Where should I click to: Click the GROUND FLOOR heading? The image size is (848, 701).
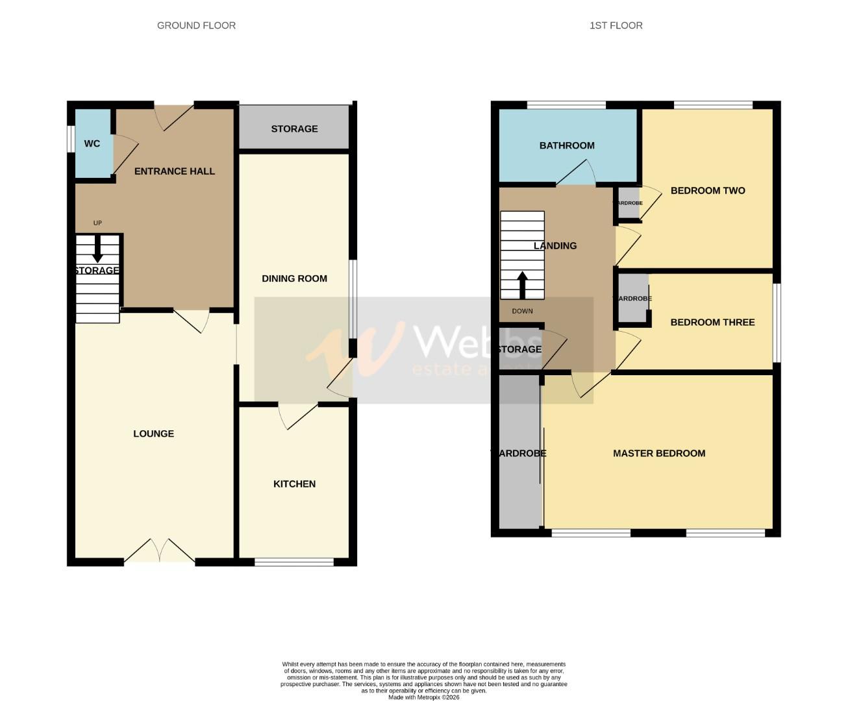tap(196, 25)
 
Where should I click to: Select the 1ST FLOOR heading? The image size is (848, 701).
tap(616, 25)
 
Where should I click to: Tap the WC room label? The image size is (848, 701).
tap(92, 143)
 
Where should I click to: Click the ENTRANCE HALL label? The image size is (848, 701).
tap(174, 171)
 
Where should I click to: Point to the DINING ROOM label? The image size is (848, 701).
tap(294, 278)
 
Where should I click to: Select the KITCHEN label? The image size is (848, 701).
tap(294, 484)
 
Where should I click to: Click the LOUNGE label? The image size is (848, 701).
tap(153, 434)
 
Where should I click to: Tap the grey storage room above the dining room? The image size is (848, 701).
tap(294, 129)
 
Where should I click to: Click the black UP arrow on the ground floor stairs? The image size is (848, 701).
tap(97, 248)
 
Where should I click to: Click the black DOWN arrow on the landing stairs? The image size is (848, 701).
tap(522, 284)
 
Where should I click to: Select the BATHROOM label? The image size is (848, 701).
tap(567, 145)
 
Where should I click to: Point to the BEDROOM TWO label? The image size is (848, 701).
tap(708, 191)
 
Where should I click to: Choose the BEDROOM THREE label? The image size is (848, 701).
tap(712, 323)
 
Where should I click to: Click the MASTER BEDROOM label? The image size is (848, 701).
tap(659, 454)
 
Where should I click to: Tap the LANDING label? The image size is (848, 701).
tap(555, 246)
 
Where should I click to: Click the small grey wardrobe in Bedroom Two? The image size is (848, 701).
tap(629, 203)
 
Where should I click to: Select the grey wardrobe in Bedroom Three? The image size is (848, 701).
tap(632, 299)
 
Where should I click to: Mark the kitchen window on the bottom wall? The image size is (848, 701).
tap(294, 562)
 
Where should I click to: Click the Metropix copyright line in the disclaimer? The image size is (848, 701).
tap(423, 698)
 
